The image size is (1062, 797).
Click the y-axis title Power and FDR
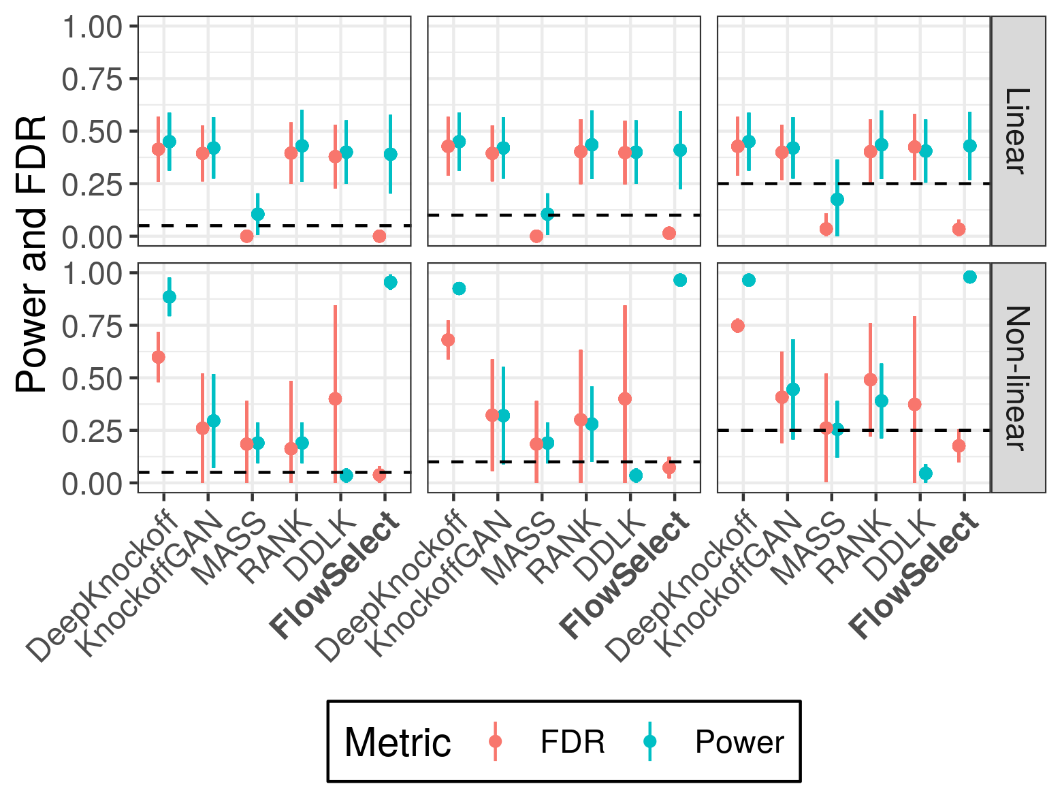point(31,253)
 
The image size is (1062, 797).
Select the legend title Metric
point(398,742)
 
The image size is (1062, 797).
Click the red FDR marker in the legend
point(495,741)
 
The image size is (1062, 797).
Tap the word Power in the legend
point(739,742)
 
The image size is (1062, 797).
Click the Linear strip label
point(1017,131)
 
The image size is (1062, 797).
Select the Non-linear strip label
point(1017,377)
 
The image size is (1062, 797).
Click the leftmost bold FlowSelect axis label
point(334,576)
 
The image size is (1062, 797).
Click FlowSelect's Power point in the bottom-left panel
point(390,282)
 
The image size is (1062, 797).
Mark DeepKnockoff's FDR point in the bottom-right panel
point(737,326)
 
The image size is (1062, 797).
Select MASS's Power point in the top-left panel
point(257,214)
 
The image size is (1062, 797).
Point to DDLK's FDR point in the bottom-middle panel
point(625,399)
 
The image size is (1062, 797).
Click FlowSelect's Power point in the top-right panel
point(970,146)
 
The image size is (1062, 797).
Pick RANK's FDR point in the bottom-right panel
point(870,379)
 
